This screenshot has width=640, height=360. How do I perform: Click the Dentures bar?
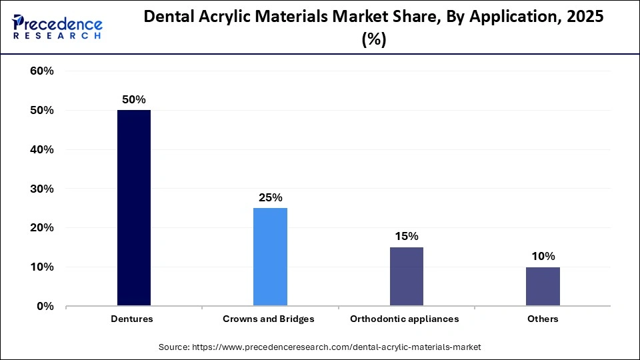pyautogui.click(x=134, y=208)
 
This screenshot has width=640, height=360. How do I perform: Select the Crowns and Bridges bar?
pyautogui.click(x=270, y=257)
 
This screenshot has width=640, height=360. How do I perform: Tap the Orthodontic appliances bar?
pyautogui.click(x=406, y=276)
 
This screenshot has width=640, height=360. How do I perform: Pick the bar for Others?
pyautogui.click(x=543, y=286)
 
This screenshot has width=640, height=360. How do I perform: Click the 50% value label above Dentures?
pyautogui.click(x=133, y=99)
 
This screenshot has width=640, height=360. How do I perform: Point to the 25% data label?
pyautogui.click(x=270, y=197)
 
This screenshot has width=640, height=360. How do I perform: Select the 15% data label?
pyautogui.click(x=406, y=236)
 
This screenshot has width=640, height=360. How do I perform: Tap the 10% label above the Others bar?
pyautogui.click(x=543, y=256)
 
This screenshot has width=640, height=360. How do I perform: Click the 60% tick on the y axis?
pyautogui.click(x=42, y=71)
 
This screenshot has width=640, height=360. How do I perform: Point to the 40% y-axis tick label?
pyautogui.click(x=42, y=150)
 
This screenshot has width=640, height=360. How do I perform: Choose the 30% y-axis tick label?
pyautogui.click(x=42, y=189)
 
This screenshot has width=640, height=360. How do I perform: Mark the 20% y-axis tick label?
pyautogui.click(x=42, y=228)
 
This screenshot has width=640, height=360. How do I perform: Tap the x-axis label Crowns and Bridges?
pyautogui.click(x=269, y=319)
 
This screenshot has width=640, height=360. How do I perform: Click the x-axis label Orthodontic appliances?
pyautogui.click(x=405, y=319)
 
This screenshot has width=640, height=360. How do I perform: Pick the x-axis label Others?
pyautogui.click(x=543, y=319)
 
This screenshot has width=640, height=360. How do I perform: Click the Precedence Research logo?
pyautogui.click(x=57, y=27)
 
